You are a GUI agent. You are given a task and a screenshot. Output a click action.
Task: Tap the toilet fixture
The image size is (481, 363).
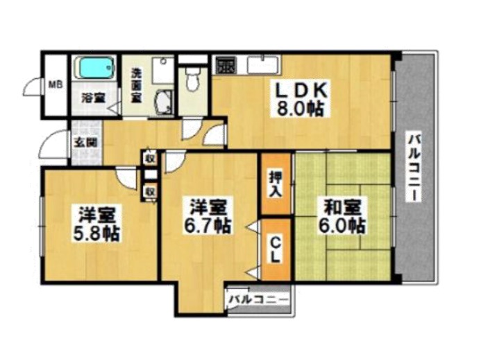click(193, 79)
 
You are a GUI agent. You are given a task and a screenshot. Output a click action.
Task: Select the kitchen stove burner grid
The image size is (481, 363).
click(225, 65)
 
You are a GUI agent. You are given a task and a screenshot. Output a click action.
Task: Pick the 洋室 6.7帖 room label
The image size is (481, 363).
click(207, 216)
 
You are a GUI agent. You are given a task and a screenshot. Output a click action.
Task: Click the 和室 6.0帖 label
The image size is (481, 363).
click(341, 216)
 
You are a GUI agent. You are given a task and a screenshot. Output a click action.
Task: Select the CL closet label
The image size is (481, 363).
click(276, 250)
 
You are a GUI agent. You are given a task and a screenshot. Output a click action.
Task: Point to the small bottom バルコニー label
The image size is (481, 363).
click(259, 299)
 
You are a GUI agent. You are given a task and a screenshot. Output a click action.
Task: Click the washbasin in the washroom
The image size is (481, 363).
click(164, 102)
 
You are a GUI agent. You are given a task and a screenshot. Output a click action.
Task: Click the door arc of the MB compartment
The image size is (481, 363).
click(32, 87)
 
